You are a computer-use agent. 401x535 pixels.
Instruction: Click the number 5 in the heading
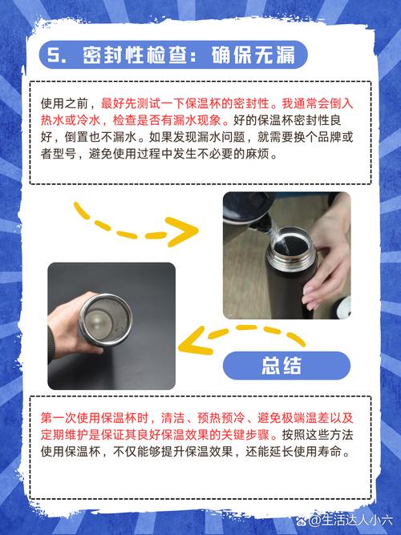point(53,54)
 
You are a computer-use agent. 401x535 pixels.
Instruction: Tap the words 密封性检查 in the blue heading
point(134,54)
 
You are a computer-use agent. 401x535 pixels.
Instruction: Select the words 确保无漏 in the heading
point(253,54)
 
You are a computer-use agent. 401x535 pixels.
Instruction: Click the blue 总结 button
point(286,365)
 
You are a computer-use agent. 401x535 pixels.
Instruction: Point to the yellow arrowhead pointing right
point(184,231)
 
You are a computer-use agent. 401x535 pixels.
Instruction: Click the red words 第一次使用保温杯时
point(95,417)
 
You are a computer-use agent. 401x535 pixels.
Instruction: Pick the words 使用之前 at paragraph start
point(64,103)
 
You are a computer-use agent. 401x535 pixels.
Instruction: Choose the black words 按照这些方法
point(318,435)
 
